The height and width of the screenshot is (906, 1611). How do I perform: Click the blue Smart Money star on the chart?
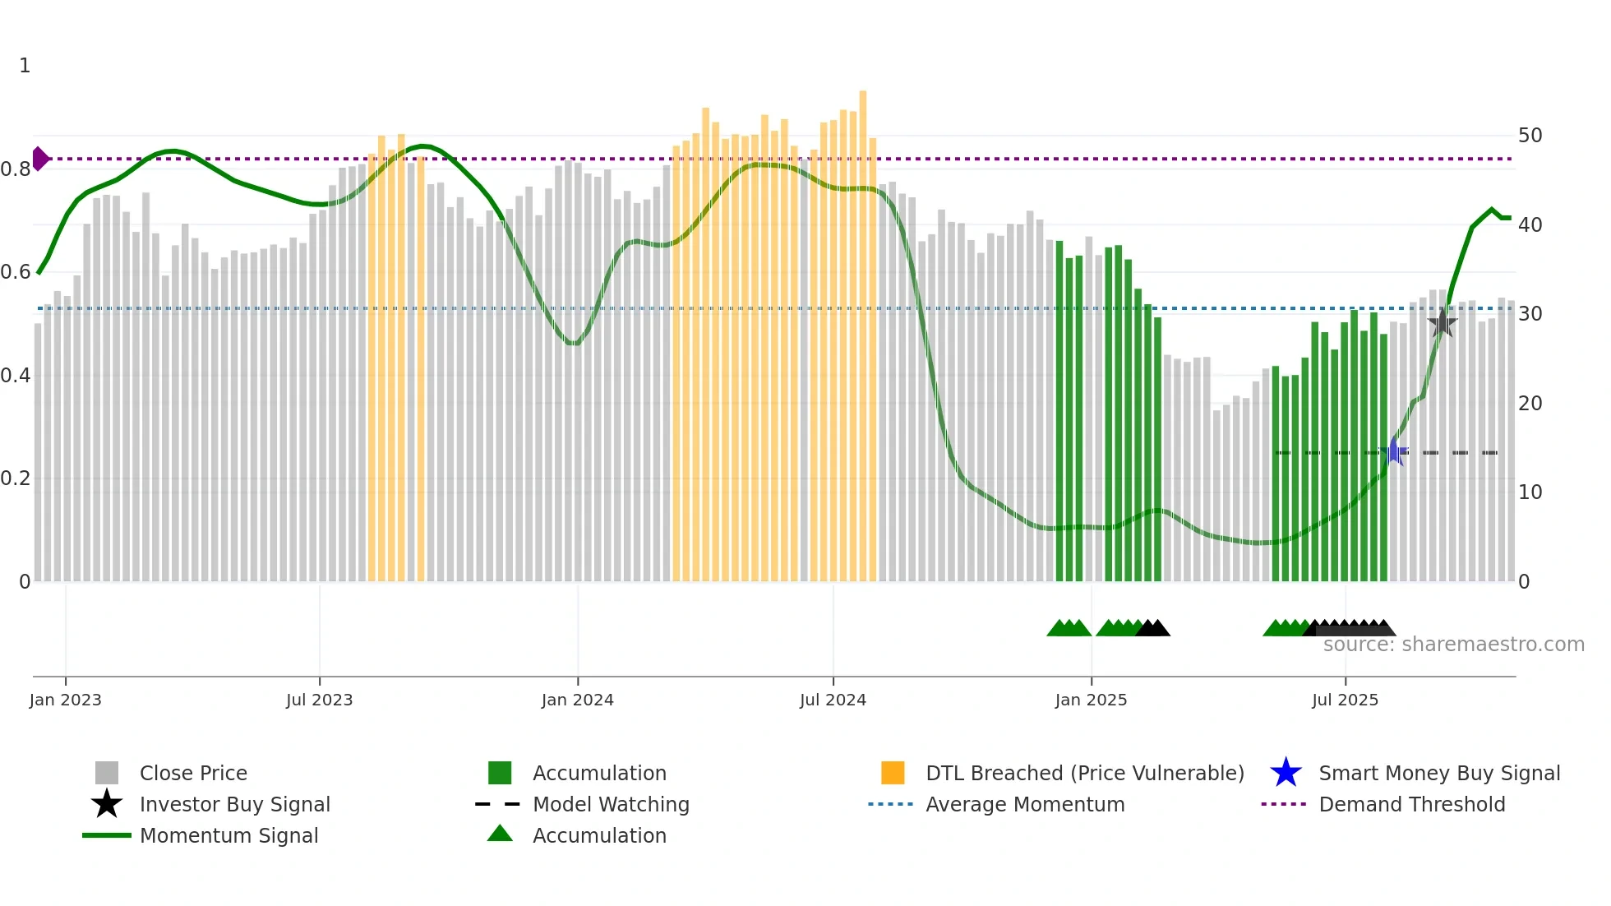(1394, 451)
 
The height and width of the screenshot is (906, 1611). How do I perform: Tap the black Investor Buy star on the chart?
(1442, 323)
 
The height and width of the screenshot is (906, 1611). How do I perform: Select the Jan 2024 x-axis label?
(577, 700)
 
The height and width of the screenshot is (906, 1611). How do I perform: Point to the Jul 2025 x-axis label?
(1345, 700)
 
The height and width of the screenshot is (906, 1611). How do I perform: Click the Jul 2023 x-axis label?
(319, 700)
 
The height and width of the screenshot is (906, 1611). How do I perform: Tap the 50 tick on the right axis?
(1530, 135)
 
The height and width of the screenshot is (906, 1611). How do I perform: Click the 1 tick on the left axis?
(25, 66)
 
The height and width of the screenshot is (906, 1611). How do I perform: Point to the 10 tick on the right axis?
(1530, 492)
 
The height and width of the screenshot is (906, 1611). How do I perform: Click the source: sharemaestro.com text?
(1453, 645)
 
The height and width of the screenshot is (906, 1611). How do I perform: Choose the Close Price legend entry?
(193, 773)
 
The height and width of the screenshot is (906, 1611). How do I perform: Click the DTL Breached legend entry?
(1084, 773)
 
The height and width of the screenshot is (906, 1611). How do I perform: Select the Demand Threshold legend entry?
(1411, 804)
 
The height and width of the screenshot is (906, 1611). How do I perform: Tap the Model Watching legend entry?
(611, 804)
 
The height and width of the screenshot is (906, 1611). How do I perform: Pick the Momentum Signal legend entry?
(228, 835)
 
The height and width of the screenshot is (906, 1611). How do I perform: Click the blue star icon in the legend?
(1286, 773)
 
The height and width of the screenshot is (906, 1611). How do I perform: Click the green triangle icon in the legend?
(500, 834)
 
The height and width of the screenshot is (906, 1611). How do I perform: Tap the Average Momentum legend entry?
(1025, 804)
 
